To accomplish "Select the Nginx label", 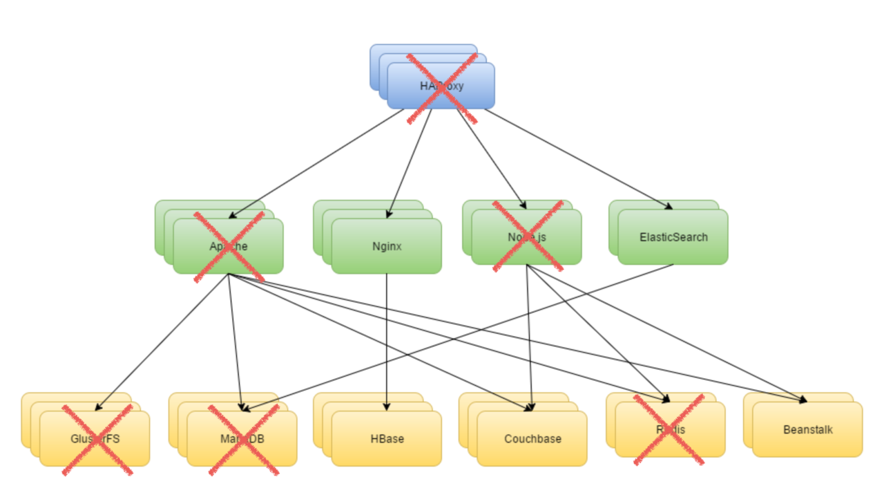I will click(x=386, y=246).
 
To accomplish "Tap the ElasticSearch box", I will click(x=673, y=237).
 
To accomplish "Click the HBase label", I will click(x=386, y=439).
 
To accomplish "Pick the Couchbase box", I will click(x=532, y=439).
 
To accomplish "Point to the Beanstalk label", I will click(x=807, y=429).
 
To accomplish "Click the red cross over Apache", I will click(x=229, y=247).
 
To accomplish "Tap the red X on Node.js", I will click(x=528, y=236).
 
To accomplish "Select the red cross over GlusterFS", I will click(x=97, y=440).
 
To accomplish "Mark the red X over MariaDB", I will click(x=244, y=440).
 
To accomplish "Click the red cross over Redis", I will click(x=669, y=429).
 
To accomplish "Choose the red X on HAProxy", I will click(x=442, y=88).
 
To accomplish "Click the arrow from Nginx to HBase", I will click(x=386, y=339).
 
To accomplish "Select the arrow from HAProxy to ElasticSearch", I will click(x=580, y=159).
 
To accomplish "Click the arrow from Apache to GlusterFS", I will click(x=162, y=342).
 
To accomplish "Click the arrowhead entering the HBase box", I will click(x=386, y=407).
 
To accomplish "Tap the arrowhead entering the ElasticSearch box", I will click(x=668, y=206).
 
